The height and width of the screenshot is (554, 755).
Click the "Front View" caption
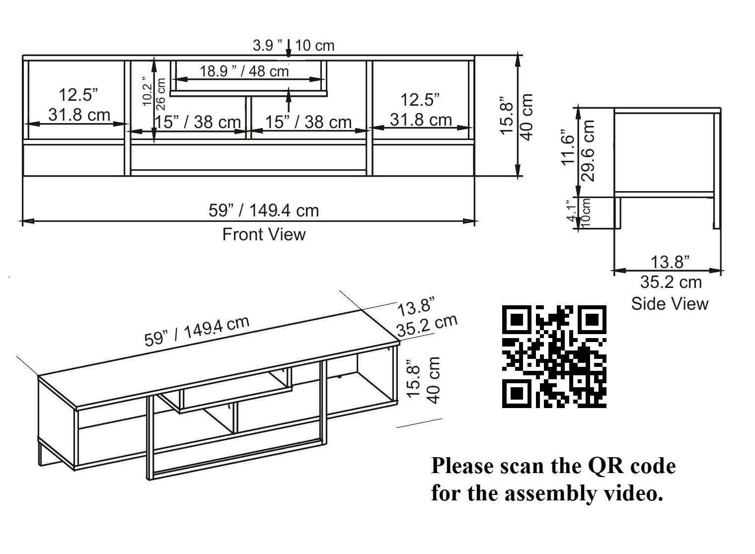point(264,234)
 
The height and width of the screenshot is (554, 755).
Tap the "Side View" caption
point(670,304)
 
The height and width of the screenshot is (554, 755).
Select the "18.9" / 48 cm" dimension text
point(244,71)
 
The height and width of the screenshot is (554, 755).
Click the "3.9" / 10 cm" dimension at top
point(294,46)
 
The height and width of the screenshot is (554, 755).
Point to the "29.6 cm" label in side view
point(588,150)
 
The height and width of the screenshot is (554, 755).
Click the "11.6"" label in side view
point(567,147)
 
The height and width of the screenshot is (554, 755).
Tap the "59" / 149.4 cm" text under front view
point(264,210)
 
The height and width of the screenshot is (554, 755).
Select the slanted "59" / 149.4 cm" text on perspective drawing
point(197,332)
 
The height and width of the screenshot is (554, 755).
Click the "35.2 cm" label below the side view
point(671,282)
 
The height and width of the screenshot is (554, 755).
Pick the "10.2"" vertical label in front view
point(148,91)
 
